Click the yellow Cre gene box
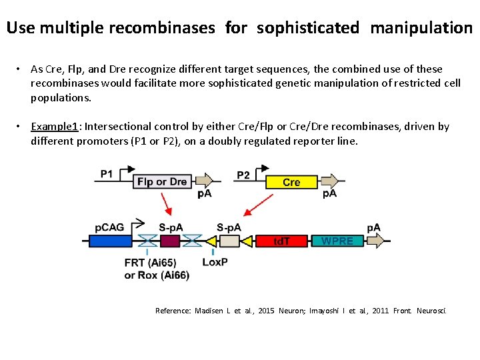point(291,181)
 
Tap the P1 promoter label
point(107,174)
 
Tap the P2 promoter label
point(243,175)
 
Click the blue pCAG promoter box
point(111,241)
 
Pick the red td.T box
point(282,241)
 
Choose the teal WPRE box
point(337,241)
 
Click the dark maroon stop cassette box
point(170,241)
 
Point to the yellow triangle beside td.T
point(247,241)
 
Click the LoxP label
point(215,262)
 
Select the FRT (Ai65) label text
point(150,263)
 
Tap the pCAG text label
point(109,227)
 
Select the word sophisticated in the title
point(307,28)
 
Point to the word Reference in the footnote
point(173,311)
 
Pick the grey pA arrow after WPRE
point(375,241)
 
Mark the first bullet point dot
point(21,69)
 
